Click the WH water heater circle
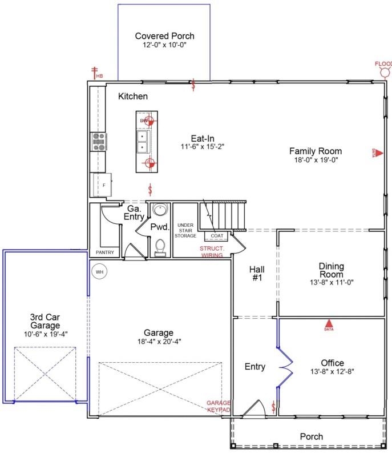click(99, 271)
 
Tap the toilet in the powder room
click(160, 247)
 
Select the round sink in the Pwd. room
click(160, 210)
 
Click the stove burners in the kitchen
click(98, 142)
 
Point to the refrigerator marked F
click(103, 186)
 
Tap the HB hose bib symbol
click(96, 73)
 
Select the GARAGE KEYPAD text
click(219, 406)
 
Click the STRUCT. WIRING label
click(212, 252)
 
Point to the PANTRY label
click(104, 252)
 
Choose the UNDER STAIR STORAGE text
click(186, 230)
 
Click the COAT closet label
click(217, 235)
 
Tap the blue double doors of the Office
click(284, 366)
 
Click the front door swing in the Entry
click(254, 409)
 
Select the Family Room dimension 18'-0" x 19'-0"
click(315, 161)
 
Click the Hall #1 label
click(255, 274)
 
